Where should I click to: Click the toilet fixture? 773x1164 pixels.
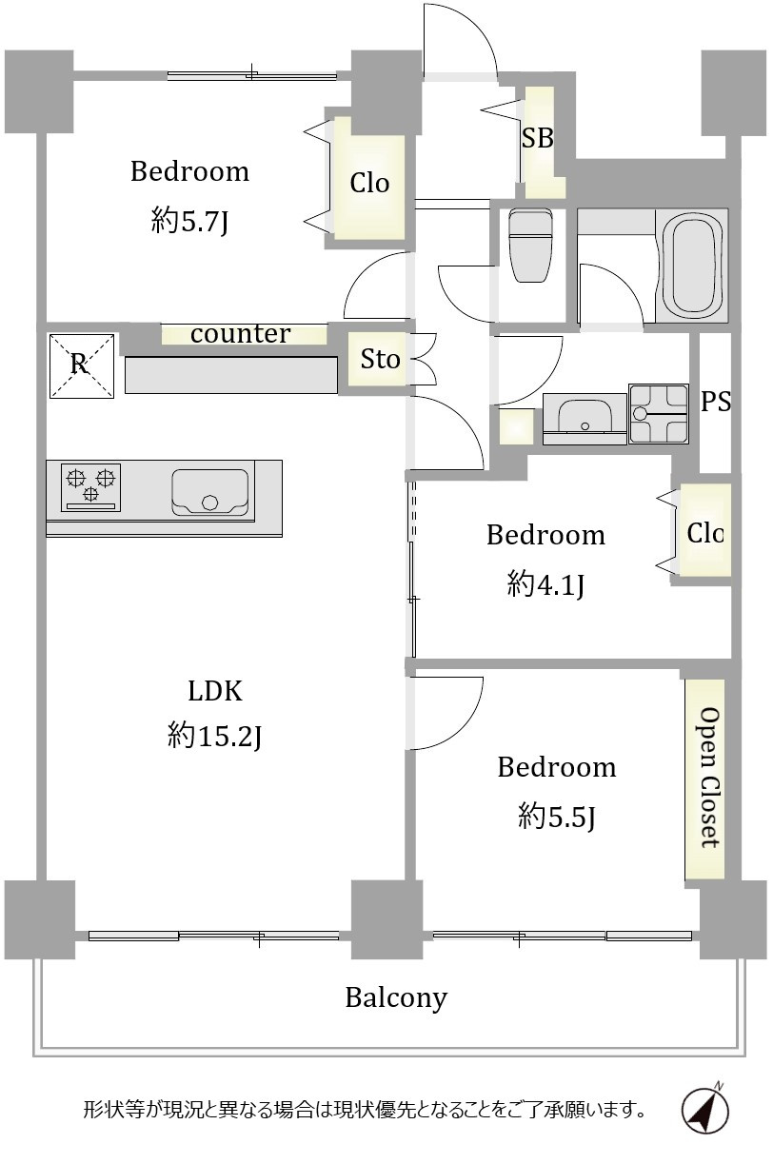pyautogui.click(x=530, y=245)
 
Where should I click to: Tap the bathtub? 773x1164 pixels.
pyautogui.click(x=692, y=266)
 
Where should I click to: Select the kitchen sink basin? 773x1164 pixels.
pyautogui.click(x=210, y=492)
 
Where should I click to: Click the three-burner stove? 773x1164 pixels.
pyautogui.click(x=91, y=487)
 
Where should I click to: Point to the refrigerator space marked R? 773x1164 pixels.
pyautogui.click(x=82, y=365)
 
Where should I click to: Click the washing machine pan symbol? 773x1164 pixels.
pyautogui.click(x=659, y=414)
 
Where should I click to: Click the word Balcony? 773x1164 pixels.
pyautogui.click(x=396, y=998)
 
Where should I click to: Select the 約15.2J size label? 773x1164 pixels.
pyautogui.click(x=214, y=736)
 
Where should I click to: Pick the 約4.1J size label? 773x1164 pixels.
pyautogui.click(x=545, y=585)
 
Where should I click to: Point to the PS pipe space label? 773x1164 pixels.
pyautogui.click(x=716, y=401)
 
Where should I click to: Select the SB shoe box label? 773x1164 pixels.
pyautogui.click(x=538, y=138)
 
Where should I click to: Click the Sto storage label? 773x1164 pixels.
pyautogui.click(x=380, y=359)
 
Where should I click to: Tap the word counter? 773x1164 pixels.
pyautogui.click(x=240, y=334)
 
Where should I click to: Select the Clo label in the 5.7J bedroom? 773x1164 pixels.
pyautogui.click(x=369, y=183)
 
